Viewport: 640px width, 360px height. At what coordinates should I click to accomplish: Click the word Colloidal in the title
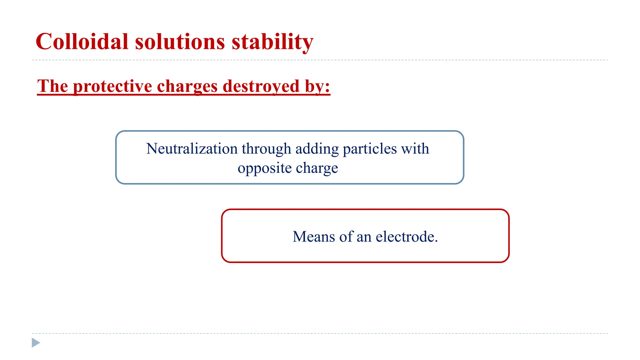tap(82, 42)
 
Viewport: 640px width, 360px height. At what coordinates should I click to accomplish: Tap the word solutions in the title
tap(180, 42)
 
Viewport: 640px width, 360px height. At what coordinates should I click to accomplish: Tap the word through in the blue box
tap(266, 149)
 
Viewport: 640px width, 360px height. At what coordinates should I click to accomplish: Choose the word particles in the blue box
tap(370, 149)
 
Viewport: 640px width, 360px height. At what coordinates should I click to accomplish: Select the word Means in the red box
tap(314, 237)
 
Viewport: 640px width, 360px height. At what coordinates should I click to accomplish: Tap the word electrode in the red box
tap(405, 237)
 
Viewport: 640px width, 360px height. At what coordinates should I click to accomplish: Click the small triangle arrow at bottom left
tap(36, 342)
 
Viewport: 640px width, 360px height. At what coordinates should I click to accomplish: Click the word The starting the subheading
tap(52, 86)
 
